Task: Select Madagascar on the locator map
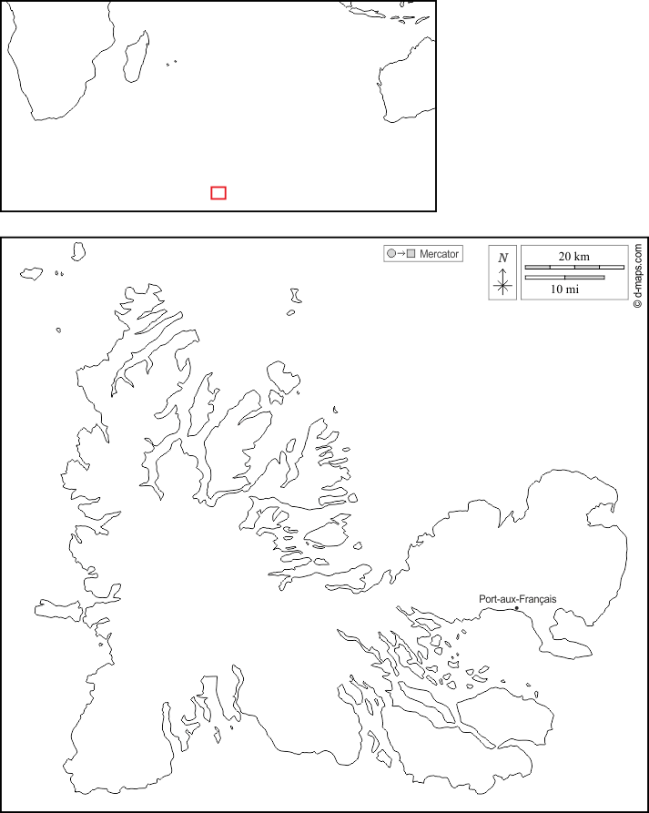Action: [x=137, y=56]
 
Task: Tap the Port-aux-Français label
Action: [x=517, y=599]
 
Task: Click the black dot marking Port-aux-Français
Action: [x=516, y=607]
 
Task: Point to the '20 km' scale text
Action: [x=573, y=256]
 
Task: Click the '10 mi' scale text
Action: [x=564, y=290]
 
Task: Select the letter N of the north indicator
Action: [x=502, y=258]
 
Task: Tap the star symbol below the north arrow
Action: [x=502, y=286]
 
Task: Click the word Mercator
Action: [x=439, y=254]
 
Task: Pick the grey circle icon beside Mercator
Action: [x=391, y=253]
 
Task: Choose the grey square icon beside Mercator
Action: [x=411, y=253]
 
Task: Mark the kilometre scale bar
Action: [x=574, y=267]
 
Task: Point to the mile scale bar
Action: [x=564, y=278]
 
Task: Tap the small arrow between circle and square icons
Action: [x=401, y=253]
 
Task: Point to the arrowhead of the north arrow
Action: [x=502, y=270]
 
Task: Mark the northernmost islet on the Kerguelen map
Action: [x=78, y=251]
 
